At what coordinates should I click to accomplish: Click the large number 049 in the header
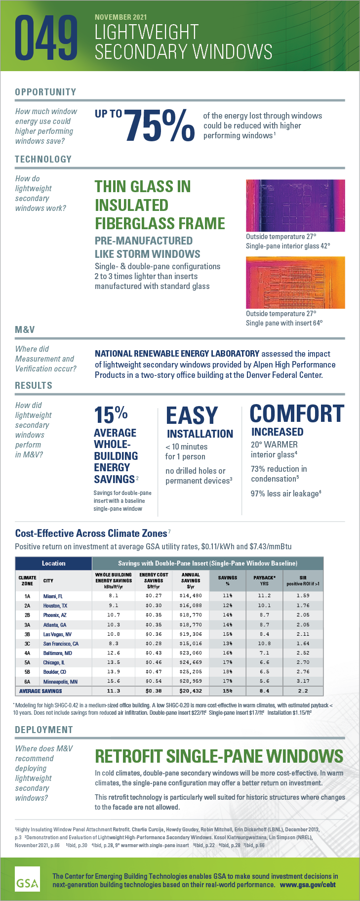coord(47,39)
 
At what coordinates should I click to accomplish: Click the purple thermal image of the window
coord(295,205)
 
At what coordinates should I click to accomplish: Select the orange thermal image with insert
coord(295,282)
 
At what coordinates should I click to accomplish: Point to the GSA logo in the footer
coord(27,878)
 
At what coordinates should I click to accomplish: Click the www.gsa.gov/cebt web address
coord(308,884)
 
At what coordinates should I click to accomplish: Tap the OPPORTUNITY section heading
coord(45,92)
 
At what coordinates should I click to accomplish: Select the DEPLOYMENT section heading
coord(44,730)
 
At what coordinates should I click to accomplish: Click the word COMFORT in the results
coord(296,414)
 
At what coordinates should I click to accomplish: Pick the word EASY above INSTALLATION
coord(192,416)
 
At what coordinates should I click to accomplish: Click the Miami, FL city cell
coord(53,596)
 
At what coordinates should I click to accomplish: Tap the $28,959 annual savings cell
coord(191,682)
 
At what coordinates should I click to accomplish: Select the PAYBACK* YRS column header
coord(264,580)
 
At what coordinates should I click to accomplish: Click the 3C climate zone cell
coord(27,644)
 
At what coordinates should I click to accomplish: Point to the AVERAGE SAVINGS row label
coord(40,691)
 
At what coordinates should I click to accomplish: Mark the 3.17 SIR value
coord(303,682)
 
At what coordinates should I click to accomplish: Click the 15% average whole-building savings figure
coord(111,415)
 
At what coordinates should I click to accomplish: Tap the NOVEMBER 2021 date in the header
coord(120,17)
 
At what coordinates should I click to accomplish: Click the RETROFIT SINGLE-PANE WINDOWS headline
coord(219,756)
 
